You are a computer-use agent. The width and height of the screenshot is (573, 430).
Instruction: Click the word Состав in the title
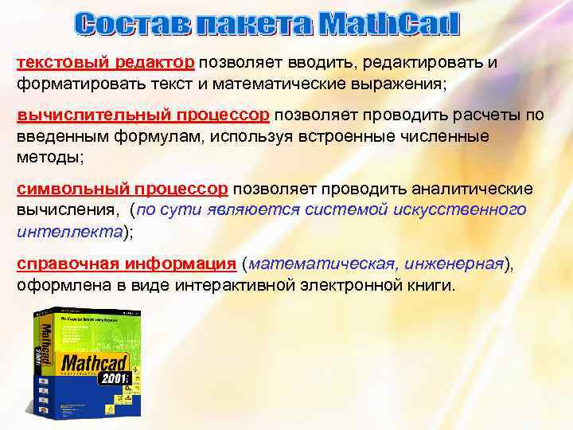click(x=125, y=24)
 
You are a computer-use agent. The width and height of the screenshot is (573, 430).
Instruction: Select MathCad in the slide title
click(x=390, y=24)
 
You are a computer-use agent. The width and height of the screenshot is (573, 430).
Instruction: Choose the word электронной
click(x=353, y=285)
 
